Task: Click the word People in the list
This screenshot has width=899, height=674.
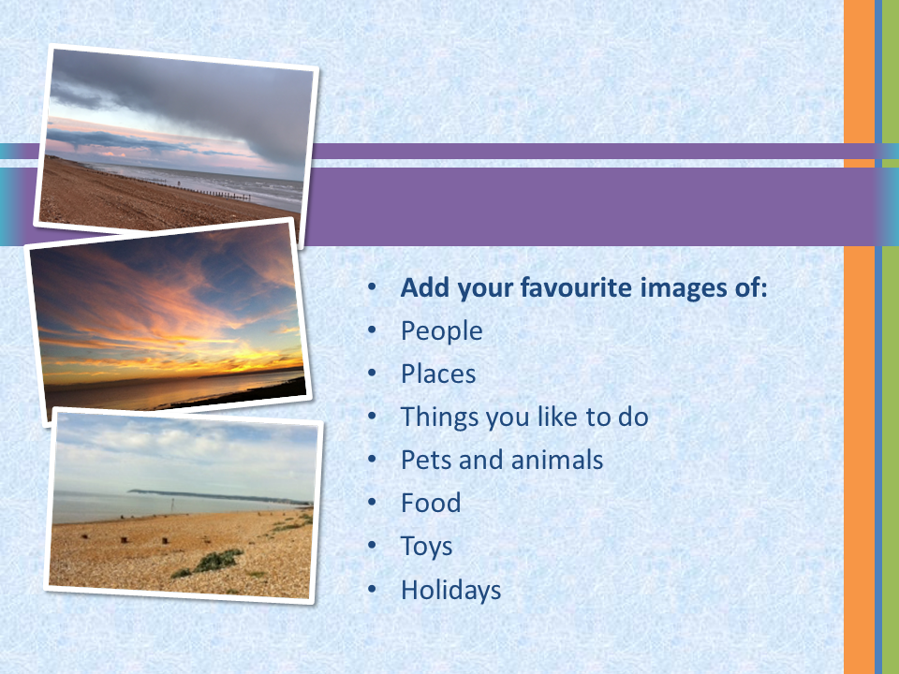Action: tap(441, 331)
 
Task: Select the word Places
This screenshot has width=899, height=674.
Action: tap(438, 374)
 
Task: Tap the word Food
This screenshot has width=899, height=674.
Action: tap(431, 504)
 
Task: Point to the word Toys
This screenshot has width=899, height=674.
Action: tap(426, 547)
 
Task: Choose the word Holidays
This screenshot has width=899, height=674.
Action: tap(450, 591)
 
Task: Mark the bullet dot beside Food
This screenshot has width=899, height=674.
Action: tap(372, 503)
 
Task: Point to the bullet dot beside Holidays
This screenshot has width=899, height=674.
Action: tap(372, 589)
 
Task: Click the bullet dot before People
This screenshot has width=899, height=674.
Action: tap(372, 330)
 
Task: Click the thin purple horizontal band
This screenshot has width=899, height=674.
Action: tap(573, 152)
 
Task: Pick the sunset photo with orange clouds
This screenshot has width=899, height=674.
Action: tap(169, 321)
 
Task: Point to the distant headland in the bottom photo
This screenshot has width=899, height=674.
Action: tap(218, 496)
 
